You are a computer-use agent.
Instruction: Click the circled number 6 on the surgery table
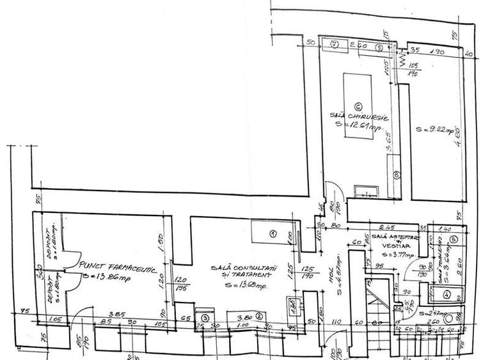pos(358,106)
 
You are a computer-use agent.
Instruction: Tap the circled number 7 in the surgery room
pos(334,44)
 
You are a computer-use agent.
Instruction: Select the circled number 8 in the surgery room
pos(397,173)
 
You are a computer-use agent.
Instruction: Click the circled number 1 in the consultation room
pos(271,234)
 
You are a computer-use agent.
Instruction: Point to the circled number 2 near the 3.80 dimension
pos(259,315)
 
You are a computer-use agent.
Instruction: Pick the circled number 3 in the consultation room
pos(205,317)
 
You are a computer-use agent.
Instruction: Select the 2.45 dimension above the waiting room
pos(383,227)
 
